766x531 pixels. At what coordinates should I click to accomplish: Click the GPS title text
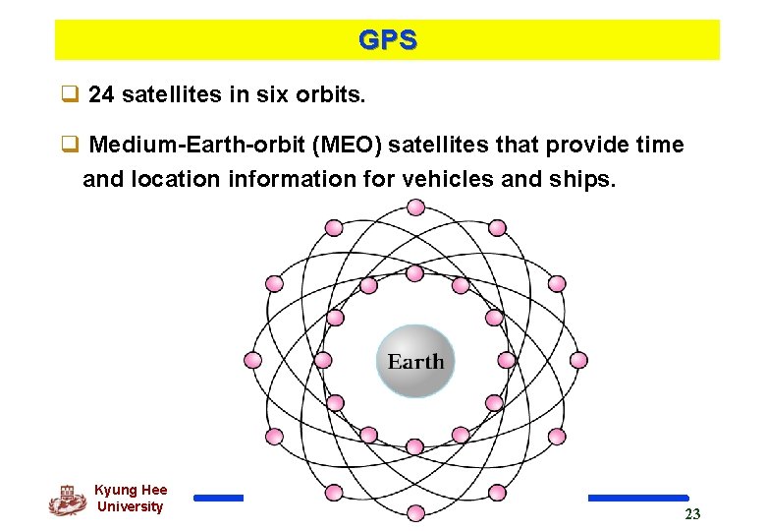tap(387, 40)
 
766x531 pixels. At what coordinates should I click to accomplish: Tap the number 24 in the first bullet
tap(100, 95)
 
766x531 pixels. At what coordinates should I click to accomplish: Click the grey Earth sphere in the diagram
tap(415, 361)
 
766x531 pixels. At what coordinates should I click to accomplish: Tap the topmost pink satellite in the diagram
tap(415, 207)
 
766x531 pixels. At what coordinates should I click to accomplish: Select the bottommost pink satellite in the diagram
tap(415, 512)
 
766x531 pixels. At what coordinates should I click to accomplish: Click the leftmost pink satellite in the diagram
tap(252, 360)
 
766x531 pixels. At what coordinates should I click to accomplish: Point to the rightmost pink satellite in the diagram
tap(578, 360)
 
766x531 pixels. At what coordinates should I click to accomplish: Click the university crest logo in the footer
tap(68, 500)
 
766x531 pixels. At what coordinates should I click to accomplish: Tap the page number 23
tap(692, 514)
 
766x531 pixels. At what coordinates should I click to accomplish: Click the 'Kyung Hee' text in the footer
tap(131, 490)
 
